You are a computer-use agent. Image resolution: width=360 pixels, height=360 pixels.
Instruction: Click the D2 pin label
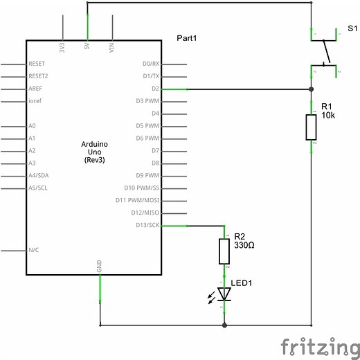(155, 89)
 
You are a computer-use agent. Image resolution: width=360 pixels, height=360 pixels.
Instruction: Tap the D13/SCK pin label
(147, 225)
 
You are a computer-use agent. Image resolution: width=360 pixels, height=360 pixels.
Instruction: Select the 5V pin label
(87, 46)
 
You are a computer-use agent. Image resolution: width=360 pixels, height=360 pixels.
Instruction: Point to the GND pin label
(99, 266)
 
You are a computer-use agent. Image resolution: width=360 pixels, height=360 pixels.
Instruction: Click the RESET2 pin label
(38, 76)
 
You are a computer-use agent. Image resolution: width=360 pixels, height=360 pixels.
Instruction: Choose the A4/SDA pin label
(39, 175)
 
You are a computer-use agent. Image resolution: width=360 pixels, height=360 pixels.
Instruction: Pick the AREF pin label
(35, 89)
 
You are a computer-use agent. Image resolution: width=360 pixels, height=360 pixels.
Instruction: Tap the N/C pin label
(34, 250)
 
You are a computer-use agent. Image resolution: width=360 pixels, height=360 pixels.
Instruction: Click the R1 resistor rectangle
(311, 127)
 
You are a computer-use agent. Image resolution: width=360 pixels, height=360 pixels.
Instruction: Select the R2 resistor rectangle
(224, 251)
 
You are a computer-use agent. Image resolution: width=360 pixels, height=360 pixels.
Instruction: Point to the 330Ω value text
(244, 245)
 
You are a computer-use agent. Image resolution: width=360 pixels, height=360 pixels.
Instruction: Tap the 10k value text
(328, 115)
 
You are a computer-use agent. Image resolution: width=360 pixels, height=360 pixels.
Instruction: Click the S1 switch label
(352, 28)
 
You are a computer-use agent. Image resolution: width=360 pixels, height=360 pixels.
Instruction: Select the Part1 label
(187, 38)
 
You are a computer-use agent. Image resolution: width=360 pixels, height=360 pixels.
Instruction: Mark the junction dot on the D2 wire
(311, 89)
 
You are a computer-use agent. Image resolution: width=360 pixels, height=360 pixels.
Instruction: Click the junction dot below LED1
(224, 325)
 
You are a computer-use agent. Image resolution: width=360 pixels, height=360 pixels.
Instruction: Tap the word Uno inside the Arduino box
(95, 152)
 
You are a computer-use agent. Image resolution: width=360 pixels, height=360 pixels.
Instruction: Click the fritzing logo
(321, 348)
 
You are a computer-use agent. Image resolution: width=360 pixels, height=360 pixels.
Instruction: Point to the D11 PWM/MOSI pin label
(137, 200)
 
